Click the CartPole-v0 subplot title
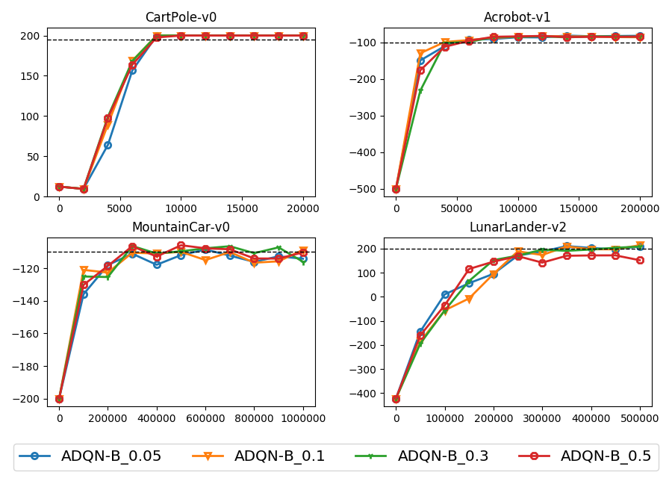point(181,17)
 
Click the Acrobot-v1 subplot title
point(517,17)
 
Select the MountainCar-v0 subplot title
point(181,227)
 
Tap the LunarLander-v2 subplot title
point(517,227)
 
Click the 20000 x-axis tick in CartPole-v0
point(303,207)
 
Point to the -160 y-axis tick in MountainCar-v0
point(31,334)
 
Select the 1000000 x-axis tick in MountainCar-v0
point(303,417)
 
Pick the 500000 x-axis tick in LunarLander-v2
point(640,417)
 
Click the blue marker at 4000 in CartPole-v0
point(108,145)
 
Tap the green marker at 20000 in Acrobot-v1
point(420,91)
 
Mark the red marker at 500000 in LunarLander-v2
point(640,260)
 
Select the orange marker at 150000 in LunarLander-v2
point(469,299)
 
